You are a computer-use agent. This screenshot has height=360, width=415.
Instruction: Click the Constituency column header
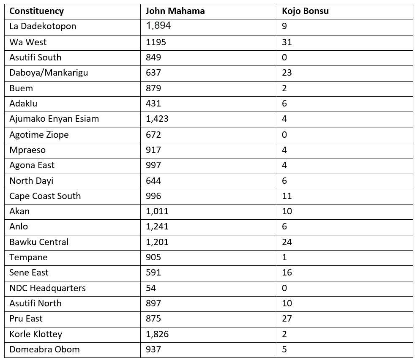[x=36, y=11]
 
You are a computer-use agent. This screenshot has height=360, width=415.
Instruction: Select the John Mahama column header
[x=175, y=11]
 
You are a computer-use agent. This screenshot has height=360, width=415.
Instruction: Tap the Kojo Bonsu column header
[x=305, y=11]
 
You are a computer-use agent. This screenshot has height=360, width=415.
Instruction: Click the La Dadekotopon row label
[x=43, y=26]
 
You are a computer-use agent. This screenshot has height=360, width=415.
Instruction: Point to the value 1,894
[x=158, y=26]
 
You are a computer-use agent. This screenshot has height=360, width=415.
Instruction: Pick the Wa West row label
[x=28, y=42]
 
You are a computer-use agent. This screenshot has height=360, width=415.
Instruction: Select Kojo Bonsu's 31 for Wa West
[x=287, y=42]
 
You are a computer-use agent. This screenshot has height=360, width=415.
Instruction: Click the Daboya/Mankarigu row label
[x=49, y=73]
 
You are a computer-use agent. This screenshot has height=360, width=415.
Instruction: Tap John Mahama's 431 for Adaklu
[x=153, y=104]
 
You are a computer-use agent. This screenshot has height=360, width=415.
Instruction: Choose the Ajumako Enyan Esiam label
[x=54, y=119]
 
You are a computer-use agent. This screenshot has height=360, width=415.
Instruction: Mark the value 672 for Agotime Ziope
[x=153, y=134]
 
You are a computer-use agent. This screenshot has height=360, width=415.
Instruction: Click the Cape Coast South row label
[x=45, y=196]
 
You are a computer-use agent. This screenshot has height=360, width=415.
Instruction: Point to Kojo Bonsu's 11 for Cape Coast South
[x=287, y=196]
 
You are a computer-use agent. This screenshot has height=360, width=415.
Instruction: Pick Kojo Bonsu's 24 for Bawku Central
[x=287, y=242]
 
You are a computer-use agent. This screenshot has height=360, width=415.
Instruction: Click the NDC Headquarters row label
[x=47, y=288]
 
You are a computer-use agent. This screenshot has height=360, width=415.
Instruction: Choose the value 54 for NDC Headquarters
[x=151, y=288]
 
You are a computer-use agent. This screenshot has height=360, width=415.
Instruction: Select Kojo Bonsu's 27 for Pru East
[x=287, y=319]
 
